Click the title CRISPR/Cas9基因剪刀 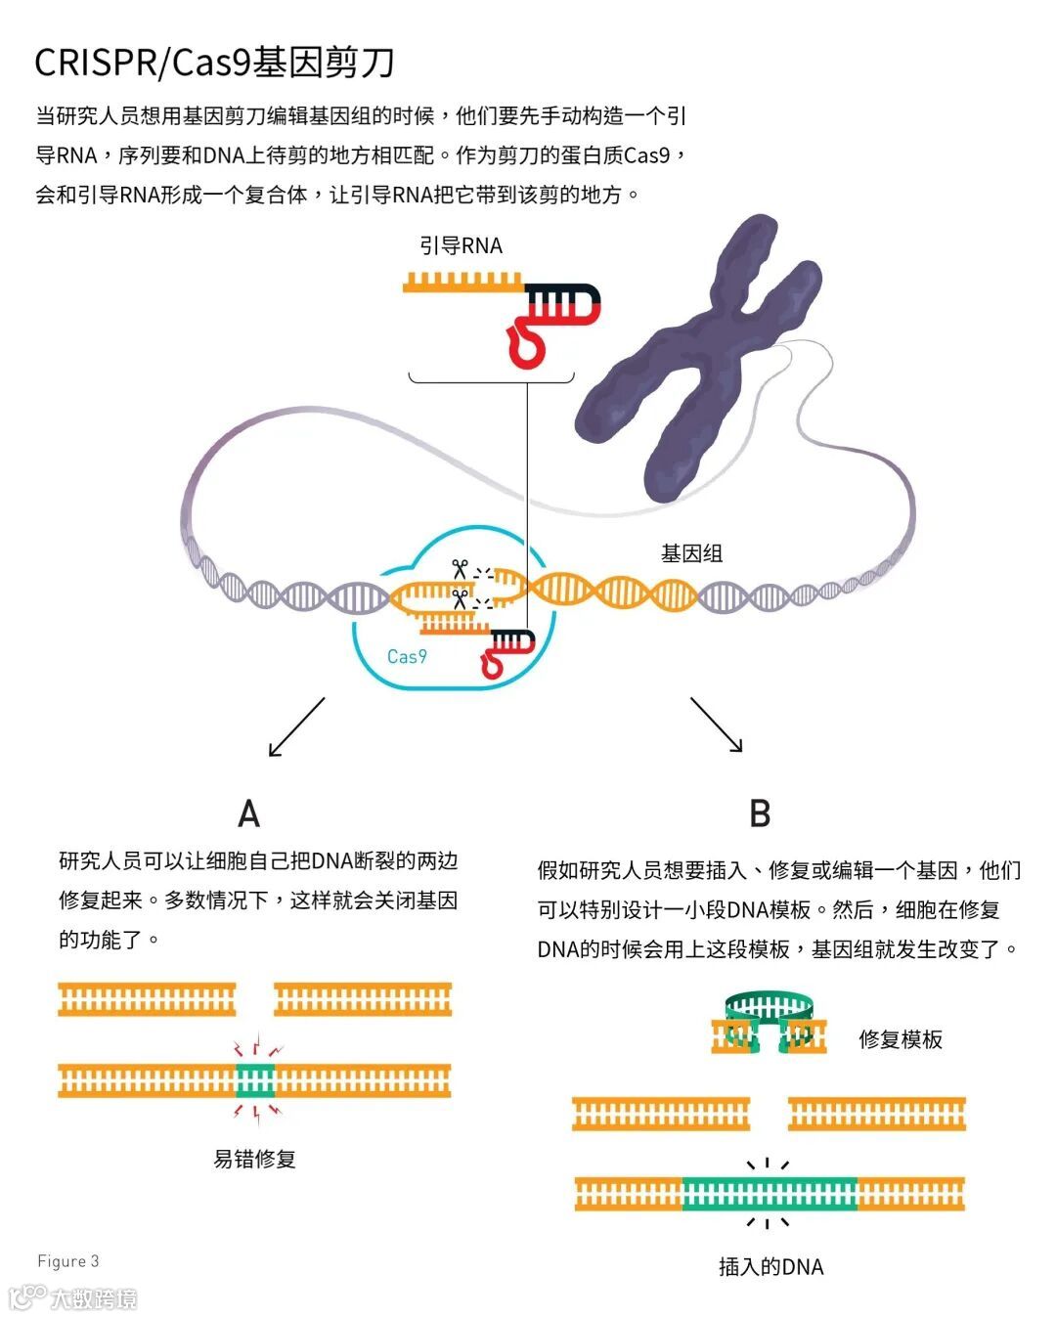[x=214, y=62]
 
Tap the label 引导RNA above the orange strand [x=461, y=245]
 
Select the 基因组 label [x=691, y=553]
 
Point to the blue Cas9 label [x=407, y=656]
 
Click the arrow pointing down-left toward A [x=295, y=727]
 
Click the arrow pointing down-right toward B [x=717, y=725]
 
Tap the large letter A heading [x=249, y=813]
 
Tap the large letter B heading [x=760, y=813]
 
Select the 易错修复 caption [x=254, y=1159]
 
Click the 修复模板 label [x=900, y=1039]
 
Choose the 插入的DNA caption [x=770, y=1267]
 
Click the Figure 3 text [x=68, y=1261]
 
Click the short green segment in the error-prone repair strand [x=256, y=1080]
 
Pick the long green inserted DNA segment [x=770, y=1194]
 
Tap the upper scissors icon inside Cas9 [x=459, y=568]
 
